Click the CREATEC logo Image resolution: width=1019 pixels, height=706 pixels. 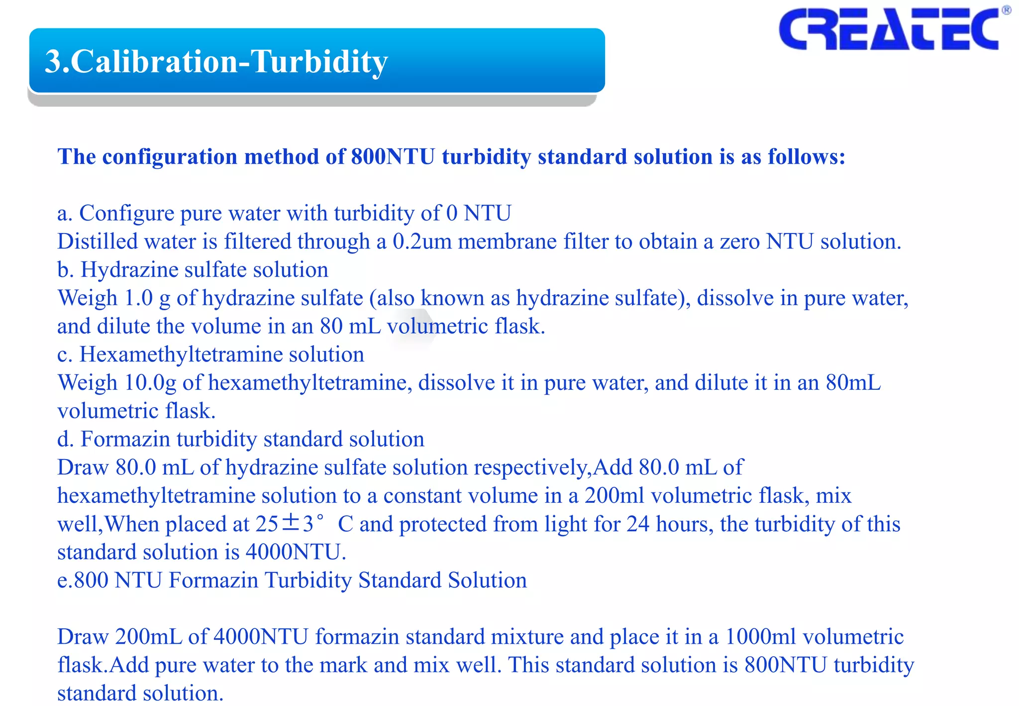889,29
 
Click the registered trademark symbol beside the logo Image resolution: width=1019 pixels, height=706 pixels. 1006,10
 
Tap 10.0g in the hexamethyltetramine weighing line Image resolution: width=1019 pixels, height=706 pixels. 150,383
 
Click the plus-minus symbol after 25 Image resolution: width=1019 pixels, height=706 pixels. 291,523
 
